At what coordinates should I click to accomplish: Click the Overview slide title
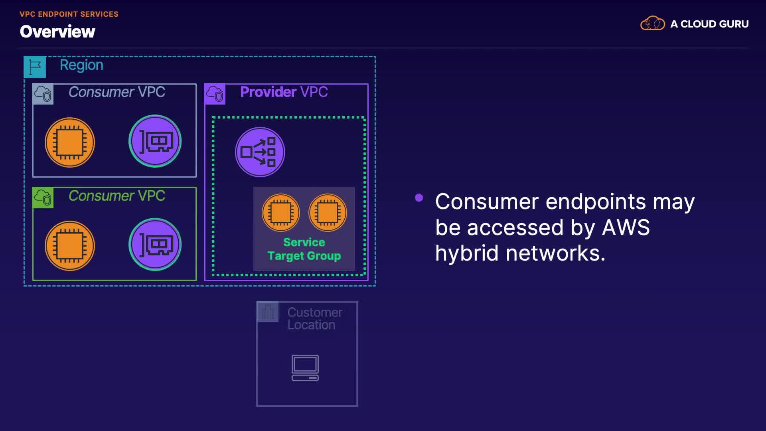(x=57, y=32)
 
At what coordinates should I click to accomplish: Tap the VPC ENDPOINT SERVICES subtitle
(x=69, y=14)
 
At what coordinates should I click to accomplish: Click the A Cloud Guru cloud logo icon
(x=652, y=24)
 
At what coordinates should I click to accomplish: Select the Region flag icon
(x=35, y=67)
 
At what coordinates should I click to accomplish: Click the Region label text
(x=81, y=65)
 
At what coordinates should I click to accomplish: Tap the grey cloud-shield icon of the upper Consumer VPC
(x=43, y=94)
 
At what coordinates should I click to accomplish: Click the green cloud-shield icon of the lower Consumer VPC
(x=43, y=198)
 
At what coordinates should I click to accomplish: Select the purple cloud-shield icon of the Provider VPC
(x=215, y=94)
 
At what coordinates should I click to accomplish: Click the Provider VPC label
(x=284, y=92)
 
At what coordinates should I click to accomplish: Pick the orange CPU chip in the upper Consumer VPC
(x=70, y=142)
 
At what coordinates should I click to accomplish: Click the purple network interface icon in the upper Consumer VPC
(x=155, y=141)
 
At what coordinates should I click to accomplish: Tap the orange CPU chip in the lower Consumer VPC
(x=70, y=245)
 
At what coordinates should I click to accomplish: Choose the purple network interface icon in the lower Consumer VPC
(x=155, y=244)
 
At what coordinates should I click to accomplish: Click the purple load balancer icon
(x=260, y=152)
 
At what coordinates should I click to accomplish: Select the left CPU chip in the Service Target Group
(x=281, y=212)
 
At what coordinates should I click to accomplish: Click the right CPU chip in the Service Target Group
(x=328, y=212)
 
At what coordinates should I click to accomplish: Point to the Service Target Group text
(x=304, y=249)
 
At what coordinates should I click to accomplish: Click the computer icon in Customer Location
(x=305, y=368)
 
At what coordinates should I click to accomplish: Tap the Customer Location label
(x=314, y=318)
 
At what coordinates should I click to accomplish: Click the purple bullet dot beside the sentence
(x=419, y=198)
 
